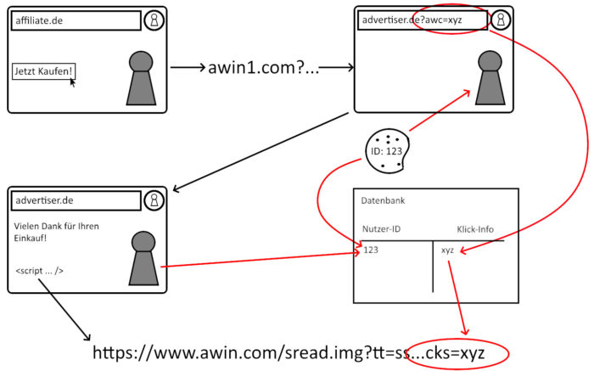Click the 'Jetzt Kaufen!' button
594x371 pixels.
click(x=42, y=72)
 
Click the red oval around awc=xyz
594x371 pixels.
click(x=451, y=20)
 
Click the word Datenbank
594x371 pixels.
click(x=383, y=200)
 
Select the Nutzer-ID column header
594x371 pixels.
click(x=383, y=229)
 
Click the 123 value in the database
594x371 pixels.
click(x=371, y=250)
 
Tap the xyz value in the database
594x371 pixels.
click(x=448, y=250)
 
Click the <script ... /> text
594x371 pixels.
click(x=39, y=271)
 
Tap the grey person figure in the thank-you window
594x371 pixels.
click(x=143, y=258)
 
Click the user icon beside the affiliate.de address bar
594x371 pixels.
click(x=154, y=21)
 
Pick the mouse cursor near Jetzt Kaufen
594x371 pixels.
click(x=73, y=83)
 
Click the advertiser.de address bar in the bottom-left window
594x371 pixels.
click(x=76, y=201)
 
